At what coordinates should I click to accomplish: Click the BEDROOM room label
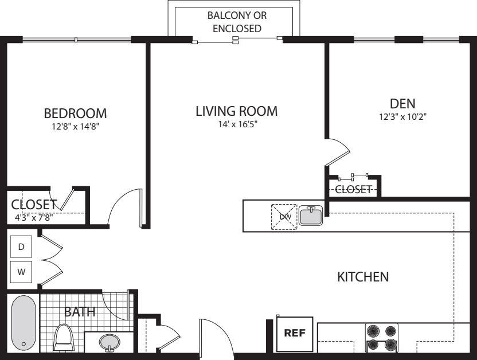[x=76, y=114]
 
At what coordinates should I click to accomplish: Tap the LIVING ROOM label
[x=236, y=111]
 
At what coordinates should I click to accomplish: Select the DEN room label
[x=402, y=104]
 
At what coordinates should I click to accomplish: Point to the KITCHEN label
[x=363, y=277]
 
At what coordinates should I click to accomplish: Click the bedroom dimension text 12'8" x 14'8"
[x=76, y=127]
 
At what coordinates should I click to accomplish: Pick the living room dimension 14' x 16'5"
[x=237, y=124]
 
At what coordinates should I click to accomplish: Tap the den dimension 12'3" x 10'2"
[x=402, y=117]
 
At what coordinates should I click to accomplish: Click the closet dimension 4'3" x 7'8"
[x=34, y=217]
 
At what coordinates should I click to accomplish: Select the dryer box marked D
[x=21, y=246]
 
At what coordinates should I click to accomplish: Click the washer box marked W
[x=21, y=272]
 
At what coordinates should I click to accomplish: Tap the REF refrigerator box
[x=295, y=334]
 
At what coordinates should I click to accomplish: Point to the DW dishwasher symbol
[x=284, y=217]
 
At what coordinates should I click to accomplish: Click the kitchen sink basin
[x=311, y=216]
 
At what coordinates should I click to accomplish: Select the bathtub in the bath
[x=24, y=323]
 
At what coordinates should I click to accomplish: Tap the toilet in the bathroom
[x=64, y=338]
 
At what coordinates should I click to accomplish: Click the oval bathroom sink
[x=109, y=343]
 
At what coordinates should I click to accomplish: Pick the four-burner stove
[x=381, y=338]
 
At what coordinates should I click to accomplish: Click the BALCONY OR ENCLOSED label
[x=237, y=22]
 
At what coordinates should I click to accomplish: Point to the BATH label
[x=80, y=312]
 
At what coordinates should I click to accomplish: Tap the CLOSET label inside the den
[x=353, y=190]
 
